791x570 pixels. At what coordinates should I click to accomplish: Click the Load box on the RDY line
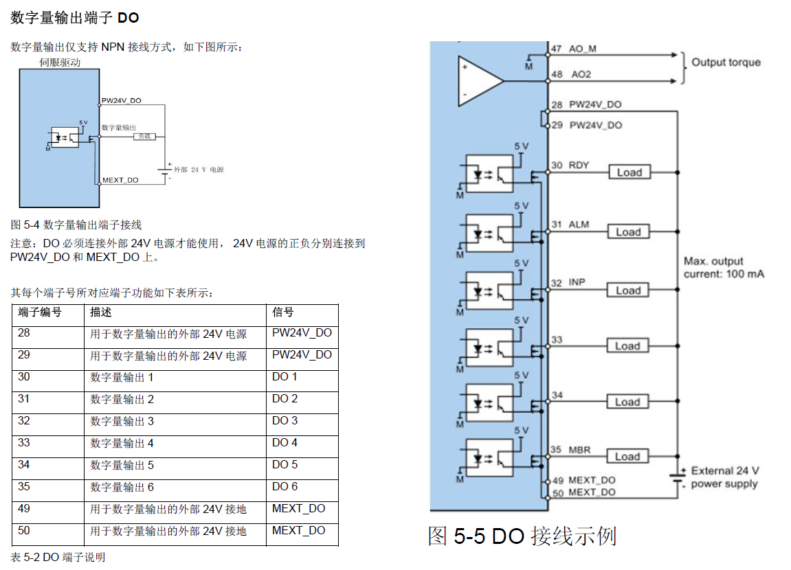(629, 172)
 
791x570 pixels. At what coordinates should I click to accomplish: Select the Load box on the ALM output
(628, 232)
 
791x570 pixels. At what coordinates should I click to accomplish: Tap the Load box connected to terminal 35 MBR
(627, 457)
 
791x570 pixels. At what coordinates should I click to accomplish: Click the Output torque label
(726, 62)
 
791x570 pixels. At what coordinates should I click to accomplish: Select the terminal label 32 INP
(568, 283)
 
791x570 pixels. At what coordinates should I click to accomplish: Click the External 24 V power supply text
(724, 477)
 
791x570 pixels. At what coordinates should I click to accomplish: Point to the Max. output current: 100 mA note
(724, 268)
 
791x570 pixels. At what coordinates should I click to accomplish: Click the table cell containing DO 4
(285, 443)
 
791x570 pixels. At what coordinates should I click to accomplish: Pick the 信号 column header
(283, 312)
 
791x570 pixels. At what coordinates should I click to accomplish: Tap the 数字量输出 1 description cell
(122, 377)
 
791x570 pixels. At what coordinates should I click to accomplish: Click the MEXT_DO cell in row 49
(298, 509)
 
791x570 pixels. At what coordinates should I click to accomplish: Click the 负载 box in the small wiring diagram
(144, 137)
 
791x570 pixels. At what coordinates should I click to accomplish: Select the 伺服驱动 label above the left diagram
(60, 62)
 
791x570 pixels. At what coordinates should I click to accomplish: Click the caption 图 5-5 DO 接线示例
(522, 536)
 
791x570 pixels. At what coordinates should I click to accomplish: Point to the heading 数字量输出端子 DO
(75, 17)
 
